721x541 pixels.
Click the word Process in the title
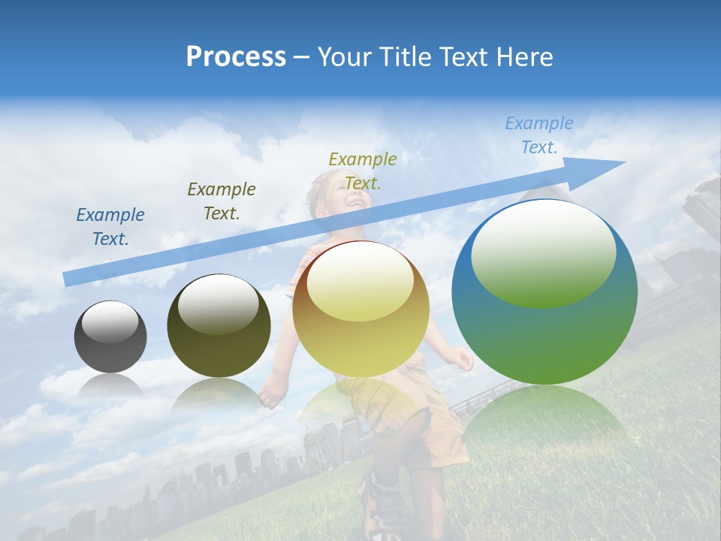pos(236,57)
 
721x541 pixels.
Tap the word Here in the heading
pos(524,57)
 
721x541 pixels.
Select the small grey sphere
pos(110,337)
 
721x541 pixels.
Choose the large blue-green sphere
pos(545,293)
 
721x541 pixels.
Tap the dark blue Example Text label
pos(110,227)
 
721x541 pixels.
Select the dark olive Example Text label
pos(222,201)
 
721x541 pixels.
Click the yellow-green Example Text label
pos(363,171)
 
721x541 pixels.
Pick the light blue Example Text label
pos(538,135)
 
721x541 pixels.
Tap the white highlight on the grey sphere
pos(110,322)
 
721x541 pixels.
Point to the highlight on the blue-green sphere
pos(543,252)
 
